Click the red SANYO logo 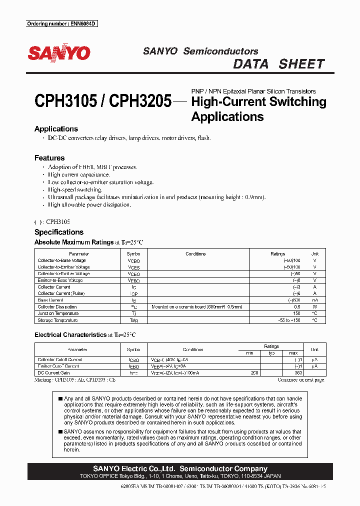[58, 53]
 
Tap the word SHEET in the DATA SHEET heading [301, 64]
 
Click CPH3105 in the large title [65, 102]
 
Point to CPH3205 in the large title [140, 102]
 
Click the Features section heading [49, 157]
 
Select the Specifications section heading [58, 232]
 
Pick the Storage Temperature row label [57, 320]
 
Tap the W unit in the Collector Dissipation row [315, 307]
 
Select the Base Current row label [50, 300]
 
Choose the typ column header [271, 353]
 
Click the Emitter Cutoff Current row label [58, 366]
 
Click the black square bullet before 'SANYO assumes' [60, 431]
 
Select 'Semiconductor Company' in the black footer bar [223, 468]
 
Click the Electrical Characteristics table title [70, 334]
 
